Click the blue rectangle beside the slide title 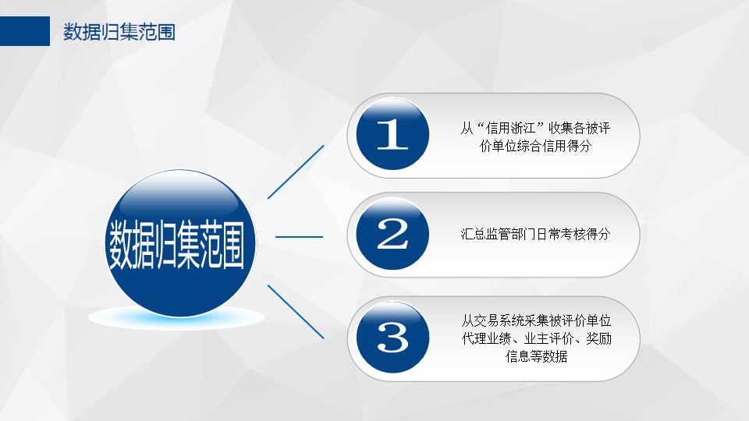(x=25, y=31)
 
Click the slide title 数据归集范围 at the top (x=119, y=32)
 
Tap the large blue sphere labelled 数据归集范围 (x=180, y=243)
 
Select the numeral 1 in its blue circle (x=392, y=134)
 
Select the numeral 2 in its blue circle (x=392, y=234)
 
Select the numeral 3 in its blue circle (x=392, y=337)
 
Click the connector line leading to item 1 (x=296, y=172)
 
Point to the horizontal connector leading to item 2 (x=299, y=236)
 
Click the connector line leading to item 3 (x=296, y=312)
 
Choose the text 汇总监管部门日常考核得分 (x=535, y=234)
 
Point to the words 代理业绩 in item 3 (x=486, y=338)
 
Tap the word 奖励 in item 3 (x=599, y=338)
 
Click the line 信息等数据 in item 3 (x=537, y=356)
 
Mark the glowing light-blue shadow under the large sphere (x=177, y=318)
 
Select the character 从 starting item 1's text (x=467, y=128)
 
